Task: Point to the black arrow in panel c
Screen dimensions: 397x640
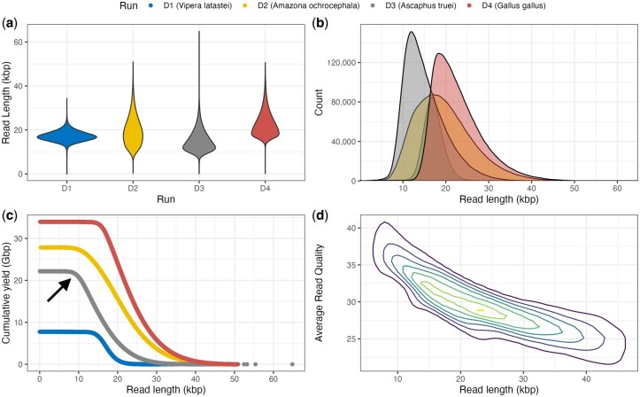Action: point(58,287)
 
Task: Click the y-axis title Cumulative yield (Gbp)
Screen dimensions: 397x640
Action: point(9,287)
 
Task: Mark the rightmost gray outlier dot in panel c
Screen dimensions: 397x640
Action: point(293,363)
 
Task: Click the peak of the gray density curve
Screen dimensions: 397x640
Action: point(411,33)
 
